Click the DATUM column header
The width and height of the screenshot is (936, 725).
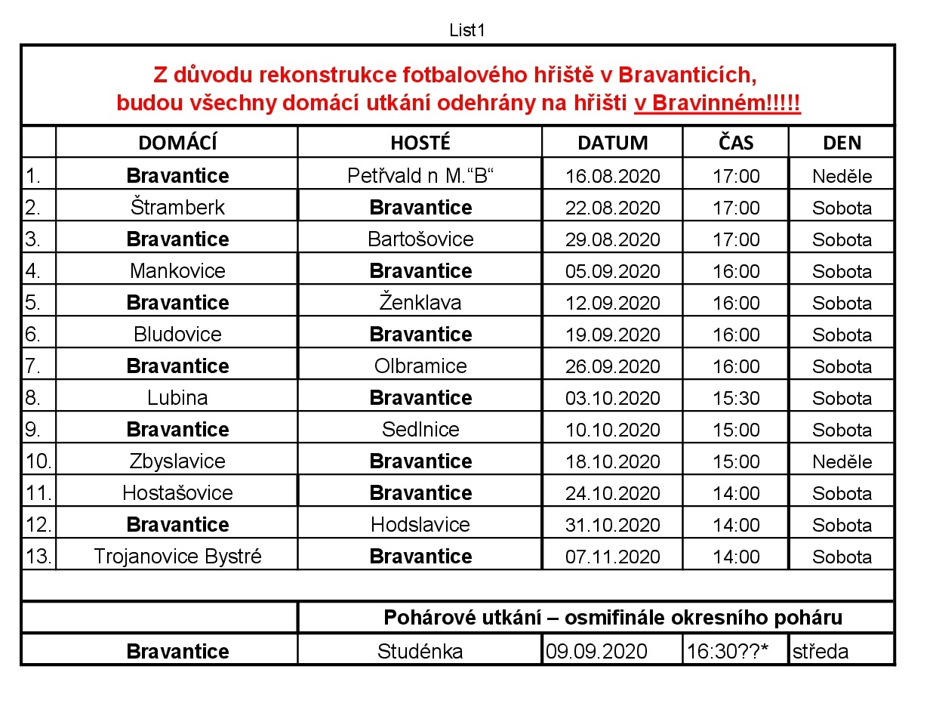[612, 143]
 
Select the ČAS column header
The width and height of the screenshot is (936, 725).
[736, 143]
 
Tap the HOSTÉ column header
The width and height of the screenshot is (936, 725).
[420, 143]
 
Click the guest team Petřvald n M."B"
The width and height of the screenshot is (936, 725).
[420, 176]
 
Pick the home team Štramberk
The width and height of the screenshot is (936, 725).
[177, 208]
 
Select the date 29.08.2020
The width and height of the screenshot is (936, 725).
[612, 239]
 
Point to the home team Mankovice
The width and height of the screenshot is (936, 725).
[177, 271]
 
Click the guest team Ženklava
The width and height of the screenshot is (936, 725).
[420, 303]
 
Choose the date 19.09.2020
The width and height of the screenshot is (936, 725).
[612, 335]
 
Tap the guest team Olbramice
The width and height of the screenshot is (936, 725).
[420, 366]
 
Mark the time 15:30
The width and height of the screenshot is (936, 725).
[736, 398]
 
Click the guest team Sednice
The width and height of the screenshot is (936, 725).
[420, 430]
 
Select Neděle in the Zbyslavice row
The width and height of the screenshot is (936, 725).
[842, 461]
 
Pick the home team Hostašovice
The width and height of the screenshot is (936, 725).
[177, 493]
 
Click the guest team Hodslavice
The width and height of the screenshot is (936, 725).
[420, 525]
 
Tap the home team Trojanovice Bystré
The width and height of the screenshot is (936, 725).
[177, 557]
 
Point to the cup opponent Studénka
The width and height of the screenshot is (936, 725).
[420, 651]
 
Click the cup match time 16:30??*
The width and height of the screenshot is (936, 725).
[727, 651]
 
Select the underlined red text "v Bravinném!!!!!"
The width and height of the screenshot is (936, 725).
[717, 103]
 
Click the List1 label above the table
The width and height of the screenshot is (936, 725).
[466, 30]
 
